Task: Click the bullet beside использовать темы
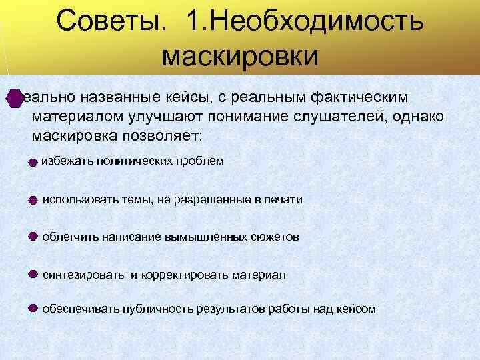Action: [x=33, y=199]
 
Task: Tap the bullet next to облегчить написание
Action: [x=33, y=237]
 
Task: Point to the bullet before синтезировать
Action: [x=33, y=274]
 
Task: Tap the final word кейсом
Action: [x=357, y=309]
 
